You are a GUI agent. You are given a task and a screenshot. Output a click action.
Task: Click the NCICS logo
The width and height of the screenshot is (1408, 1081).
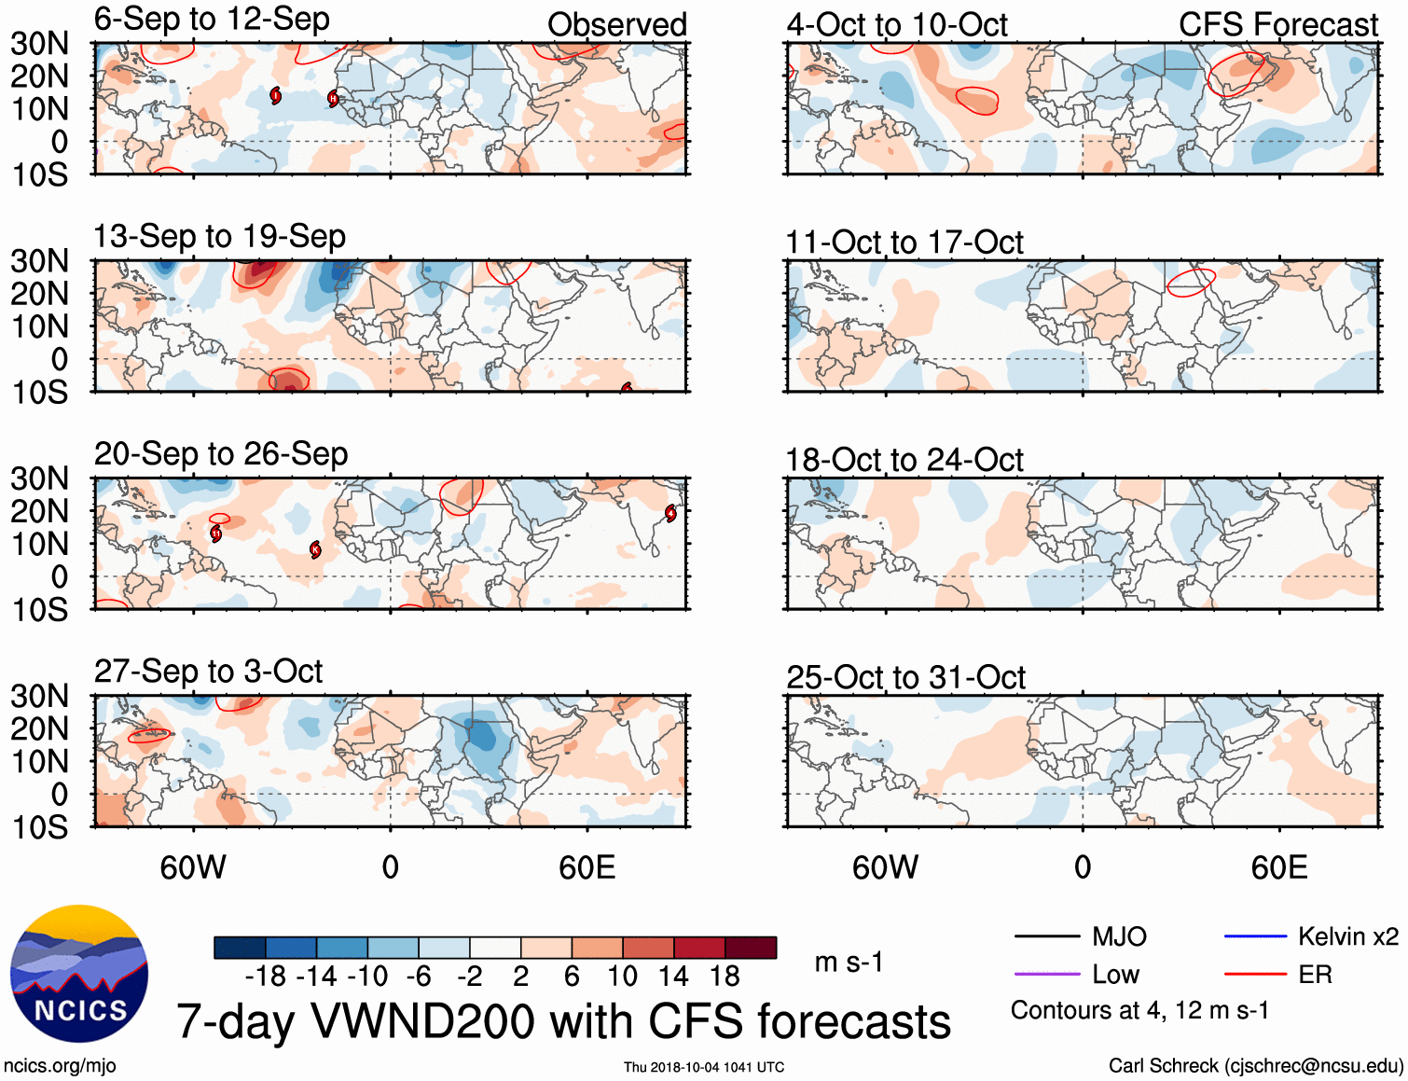point(79,974)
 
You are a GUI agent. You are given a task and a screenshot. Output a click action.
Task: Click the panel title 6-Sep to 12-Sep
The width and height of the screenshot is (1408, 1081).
point(212,20)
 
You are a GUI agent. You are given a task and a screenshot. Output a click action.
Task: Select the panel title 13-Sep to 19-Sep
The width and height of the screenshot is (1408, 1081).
point(219,237)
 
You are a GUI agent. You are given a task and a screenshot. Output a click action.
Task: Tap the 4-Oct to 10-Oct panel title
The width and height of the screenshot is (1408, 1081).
point(896,25)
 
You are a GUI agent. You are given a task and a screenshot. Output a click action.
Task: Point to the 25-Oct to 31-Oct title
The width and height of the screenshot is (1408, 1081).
point(905,678)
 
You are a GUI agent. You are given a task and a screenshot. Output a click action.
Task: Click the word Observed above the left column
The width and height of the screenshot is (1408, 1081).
point(616,25)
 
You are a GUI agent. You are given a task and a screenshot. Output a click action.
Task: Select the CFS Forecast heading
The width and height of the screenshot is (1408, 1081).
point(1277,25)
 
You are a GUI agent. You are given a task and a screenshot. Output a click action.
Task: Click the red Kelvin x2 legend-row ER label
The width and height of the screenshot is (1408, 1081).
point(1315,975)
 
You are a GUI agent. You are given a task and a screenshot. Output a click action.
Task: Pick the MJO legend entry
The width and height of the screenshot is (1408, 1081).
point(1119,936)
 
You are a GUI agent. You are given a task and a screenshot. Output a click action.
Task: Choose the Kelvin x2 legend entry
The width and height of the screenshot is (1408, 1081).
point(1347,936)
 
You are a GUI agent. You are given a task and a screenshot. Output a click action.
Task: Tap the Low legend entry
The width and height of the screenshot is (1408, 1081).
point(1115,975)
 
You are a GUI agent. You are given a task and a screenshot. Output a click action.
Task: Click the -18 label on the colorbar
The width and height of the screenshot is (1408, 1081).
point(265,977)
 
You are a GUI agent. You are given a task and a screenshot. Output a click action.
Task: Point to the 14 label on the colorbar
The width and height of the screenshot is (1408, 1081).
point(672,977)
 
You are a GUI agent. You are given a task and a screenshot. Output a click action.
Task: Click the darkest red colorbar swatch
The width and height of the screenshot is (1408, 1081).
point(751,948)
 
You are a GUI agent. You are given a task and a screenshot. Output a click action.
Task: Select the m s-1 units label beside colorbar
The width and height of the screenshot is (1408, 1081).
point(849,962)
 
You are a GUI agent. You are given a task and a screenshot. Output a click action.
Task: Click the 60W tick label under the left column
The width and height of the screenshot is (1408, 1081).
point(193,868)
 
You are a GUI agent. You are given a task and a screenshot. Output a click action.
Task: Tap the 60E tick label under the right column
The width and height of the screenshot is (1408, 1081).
point(1278,868)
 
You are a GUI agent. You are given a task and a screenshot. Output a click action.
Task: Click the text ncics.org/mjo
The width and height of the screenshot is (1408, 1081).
point(60,1066)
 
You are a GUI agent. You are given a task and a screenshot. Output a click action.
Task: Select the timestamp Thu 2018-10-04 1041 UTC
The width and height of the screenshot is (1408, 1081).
point(704,1067)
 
